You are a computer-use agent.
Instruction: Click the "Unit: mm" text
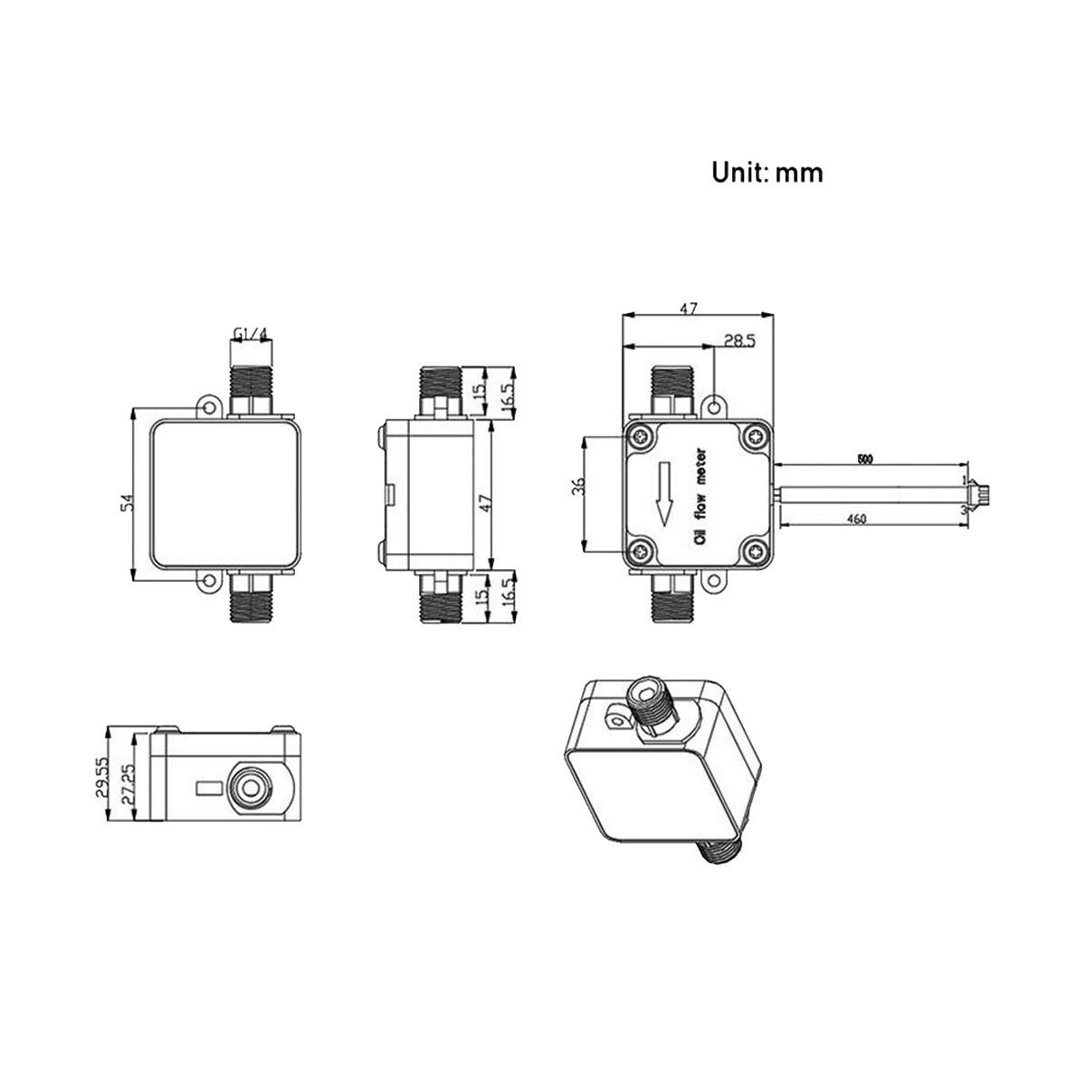point(767,172)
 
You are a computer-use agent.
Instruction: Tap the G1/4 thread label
point(251,335)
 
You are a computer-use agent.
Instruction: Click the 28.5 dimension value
point(740,340)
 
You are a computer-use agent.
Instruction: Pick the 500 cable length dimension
point(863,460)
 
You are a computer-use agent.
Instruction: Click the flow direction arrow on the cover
point(665,493)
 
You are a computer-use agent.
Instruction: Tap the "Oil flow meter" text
point(700,496)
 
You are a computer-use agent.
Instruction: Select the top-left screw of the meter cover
point(642,437)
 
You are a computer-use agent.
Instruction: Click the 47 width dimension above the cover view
point(689,309)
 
